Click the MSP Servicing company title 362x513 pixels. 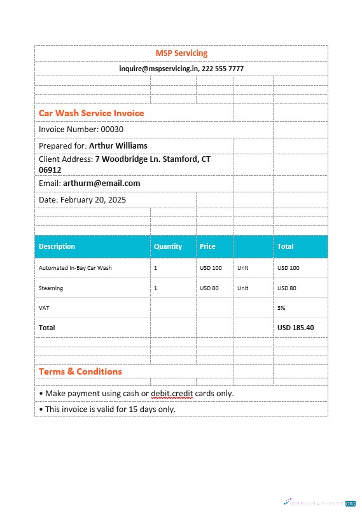point(181,53)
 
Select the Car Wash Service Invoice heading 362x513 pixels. point(92,113)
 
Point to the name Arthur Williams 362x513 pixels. point(118,146)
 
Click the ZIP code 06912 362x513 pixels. point(50,170)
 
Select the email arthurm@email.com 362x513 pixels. point(101,183)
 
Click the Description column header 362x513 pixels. point(57,246)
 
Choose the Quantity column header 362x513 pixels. point(168,246)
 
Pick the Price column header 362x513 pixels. point(207,246)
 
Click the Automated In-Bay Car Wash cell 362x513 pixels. point(75,268)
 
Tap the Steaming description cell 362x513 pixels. point(51,288)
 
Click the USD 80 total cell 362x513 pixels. point(287,288)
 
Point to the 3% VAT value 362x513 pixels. point(281,308)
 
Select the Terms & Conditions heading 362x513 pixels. point(80,371)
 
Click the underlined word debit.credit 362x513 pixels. point(172,394)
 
